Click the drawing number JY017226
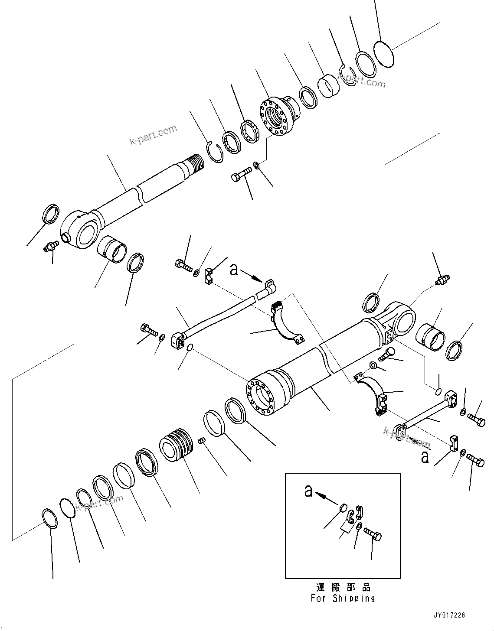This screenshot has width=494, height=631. (449, 615)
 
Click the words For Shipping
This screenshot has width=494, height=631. (343, 598)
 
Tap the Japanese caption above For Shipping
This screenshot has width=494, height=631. (343, 588)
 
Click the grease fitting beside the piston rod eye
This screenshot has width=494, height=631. (50, 247)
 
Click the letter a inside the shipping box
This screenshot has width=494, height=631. (308, 491)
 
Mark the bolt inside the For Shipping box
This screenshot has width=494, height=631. (373, 533)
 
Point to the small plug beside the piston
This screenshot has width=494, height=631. (201, 440)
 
